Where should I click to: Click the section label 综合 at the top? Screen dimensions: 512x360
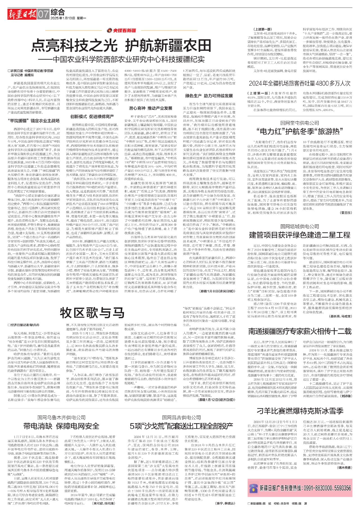(58, 12)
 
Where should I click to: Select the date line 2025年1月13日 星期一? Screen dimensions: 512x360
(68, 18)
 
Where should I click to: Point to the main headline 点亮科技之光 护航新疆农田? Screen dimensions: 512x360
(121, 44)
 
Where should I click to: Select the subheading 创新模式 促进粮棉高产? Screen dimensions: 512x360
(92, 116)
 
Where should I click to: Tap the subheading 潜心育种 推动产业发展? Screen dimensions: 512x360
(150, 108)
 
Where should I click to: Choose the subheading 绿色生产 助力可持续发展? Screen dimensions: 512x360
(209, 96)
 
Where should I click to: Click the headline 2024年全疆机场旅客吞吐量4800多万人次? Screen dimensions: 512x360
(300, 83)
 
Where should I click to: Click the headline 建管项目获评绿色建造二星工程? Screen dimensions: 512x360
(300, 235)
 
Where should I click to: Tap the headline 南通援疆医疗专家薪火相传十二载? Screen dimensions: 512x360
(300, 331)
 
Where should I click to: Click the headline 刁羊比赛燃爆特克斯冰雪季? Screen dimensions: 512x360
(300, 411)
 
